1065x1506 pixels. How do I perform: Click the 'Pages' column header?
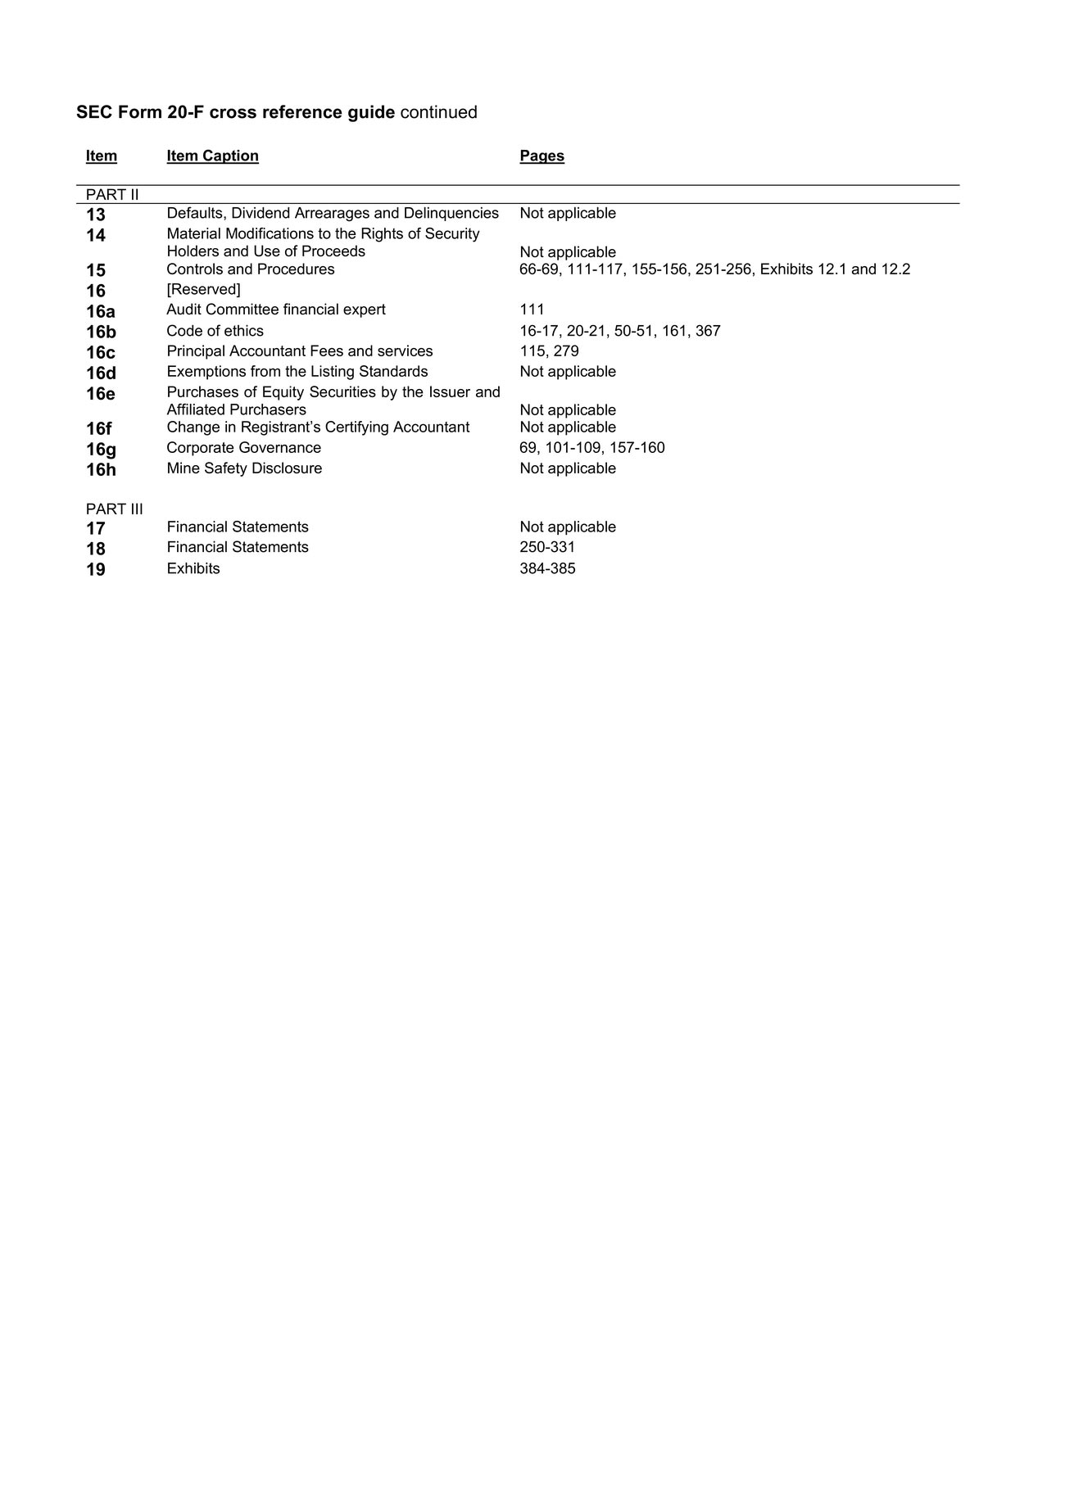542,156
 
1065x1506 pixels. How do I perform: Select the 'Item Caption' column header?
212,156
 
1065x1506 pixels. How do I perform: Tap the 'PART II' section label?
112,195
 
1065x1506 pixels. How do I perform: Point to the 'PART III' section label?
114,509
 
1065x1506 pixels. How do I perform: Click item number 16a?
100,311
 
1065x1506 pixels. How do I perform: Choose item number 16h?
101,469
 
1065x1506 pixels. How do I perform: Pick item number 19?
96,569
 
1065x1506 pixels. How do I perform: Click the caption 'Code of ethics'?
215,331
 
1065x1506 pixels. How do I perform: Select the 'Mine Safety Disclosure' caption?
244,468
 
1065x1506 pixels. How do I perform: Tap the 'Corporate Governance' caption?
243,448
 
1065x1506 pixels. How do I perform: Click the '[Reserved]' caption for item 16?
203,289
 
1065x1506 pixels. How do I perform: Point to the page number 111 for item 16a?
532,310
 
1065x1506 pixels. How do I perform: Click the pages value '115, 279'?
549,351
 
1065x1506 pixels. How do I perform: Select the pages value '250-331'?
547,547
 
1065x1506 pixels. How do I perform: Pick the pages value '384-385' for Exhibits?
547,568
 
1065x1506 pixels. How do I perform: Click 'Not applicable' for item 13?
567,213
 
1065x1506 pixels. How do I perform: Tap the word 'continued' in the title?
438,112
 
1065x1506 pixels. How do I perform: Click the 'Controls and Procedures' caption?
250,269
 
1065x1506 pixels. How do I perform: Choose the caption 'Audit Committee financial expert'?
275,310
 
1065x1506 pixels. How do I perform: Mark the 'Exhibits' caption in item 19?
193,568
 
